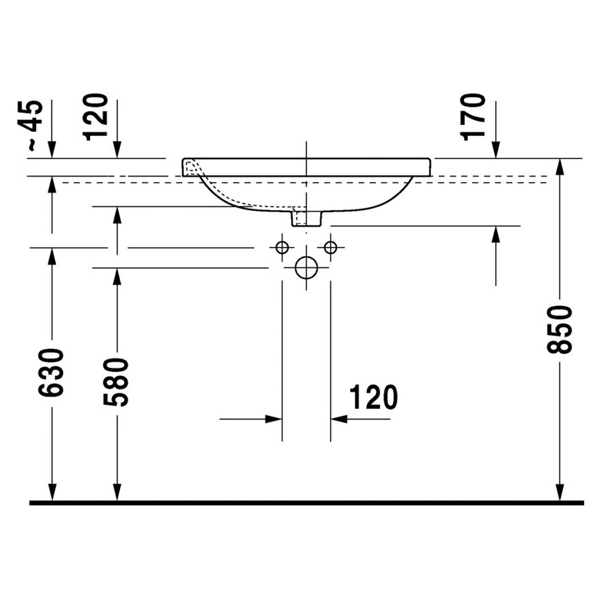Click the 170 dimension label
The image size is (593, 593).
474,115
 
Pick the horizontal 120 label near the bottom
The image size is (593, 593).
373,398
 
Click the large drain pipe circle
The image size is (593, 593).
306,267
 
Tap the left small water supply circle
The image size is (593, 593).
282,247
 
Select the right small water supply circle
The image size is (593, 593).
331,247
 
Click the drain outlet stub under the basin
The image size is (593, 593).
306,219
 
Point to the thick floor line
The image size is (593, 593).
306,502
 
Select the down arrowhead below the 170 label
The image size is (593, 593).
495,150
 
